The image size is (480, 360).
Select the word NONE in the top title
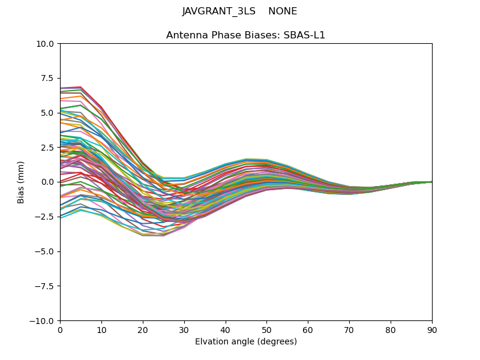coord(283,11)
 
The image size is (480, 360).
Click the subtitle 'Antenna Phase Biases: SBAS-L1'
coord(246,35)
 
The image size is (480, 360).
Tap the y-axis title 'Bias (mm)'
coord(21,182)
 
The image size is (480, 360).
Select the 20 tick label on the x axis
coord(143,330)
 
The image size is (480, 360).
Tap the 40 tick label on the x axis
coord(226,330)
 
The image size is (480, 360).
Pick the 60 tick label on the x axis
coord(308,330)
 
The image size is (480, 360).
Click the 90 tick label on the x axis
coord(432,330)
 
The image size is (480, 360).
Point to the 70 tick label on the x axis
coord(349,330)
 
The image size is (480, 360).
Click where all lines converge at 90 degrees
coord(431,182)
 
